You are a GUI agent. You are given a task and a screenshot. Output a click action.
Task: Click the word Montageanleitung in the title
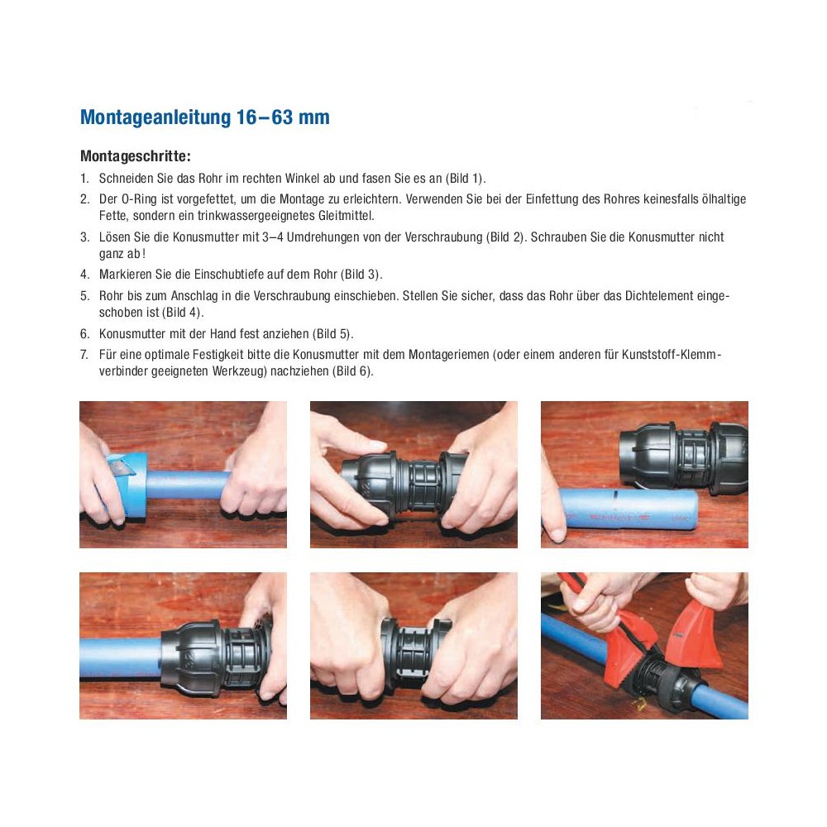tap(155, 117)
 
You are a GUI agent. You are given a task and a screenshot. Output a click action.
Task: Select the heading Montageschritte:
tap(136, 156)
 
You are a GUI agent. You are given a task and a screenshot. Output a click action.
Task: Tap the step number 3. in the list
tap(85, 237)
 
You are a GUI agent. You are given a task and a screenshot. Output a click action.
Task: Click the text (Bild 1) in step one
tap(465, 179)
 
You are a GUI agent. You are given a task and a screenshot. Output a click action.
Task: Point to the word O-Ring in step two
tap(139, 199)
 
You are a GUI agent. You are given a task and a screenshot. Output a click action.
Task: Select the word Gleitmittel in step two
tap(346, 216)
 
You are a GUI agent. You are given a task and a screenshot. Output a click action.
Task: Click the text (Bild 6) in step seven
tap(351, 371)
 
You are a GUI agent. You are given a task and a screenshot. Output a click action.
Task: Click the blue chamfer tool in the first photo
tap(127, 483)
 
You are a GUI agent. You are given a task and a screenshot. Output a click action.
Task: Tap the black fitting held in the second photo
tap(404, 485)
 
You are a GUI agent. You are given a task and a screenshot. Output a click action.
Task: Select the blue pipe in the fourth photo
tap(122, 657)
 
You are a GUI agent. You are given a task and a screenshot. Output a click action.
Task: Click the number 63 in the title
tap(282, 117)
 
